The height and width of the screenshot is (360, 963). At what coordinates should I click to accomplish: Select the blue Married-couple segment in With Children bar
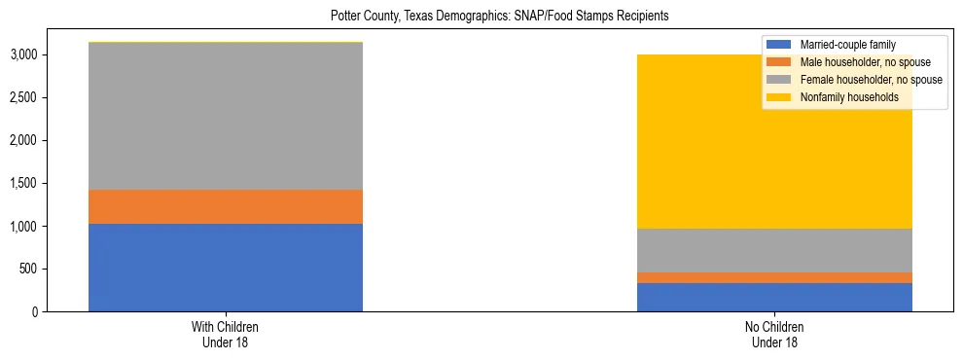226,268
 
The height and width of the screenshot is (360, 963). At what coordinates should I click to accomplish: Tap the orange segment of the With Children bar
226,206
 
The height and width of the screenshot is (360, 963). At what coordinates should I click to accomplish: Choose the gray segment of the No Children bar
774,250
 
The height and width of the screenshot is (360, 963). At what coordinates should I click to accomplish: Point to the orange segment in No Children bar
774,277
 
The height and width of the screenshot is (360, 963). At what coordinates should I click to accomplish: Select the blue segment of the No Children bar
774,297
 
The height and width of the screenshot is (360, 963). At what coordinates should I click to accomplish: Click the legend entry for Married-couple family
855,45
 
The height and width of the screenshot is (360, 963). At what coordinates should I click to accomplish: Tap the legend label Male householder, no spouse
865,62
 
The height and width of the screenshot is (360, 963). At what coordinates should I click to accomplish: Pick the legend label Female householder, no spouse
870,80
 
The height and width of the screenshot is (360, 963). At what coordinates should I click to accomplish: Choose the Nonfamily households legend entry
848,97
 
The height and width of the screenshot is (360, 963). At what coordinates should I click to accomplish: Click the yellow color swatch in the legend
779,97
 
